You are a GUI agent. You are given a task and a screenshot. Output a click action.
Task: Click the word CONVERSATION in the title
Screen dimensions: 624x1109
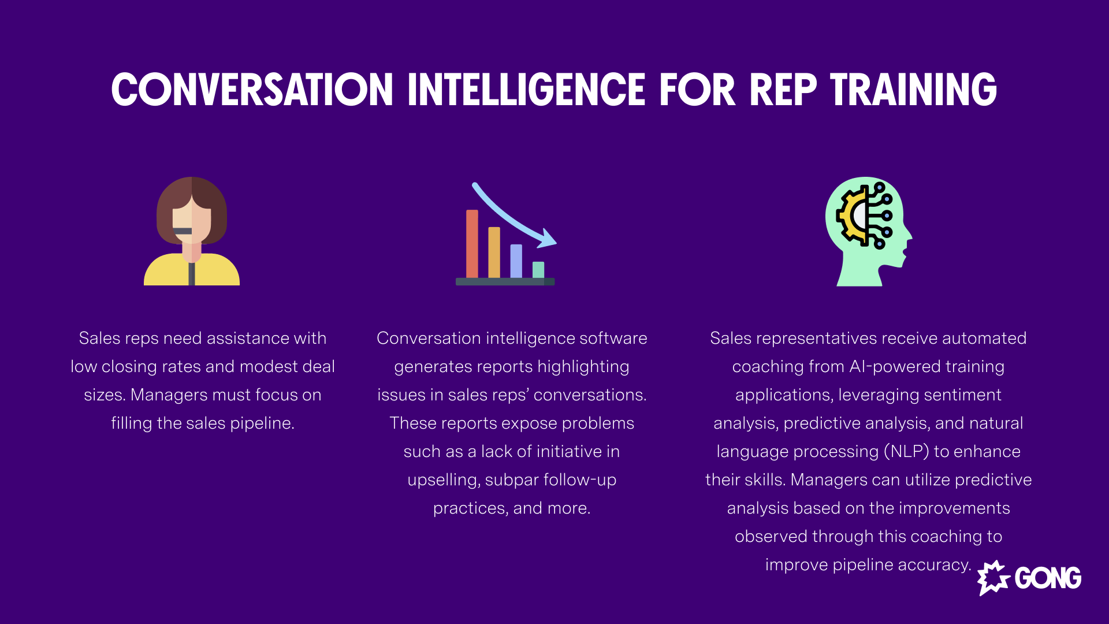tap(252, 90)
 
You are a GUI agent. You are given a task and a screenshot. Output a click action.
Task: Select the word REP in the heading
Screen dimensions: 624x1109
tap(783, 90)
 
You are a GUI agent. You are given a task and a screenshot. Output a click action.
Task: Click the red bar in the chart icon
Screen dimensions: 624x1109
tap(472, 244)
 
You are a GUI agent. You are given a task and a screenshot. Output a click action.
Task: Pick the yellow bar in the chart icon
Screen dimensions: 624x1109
tap(494, 252)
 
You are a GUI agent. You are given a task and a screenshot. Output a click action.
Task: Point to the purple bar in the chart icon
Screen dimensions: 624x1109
tap(516, 261)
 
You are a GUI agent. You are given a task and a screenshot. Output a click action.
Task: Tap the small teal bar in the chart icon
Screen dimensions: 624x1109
tap(538, 270)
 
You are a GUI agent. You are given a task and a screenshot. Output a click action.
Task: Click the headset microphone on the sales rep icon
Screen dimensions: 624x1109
tap(183, 231)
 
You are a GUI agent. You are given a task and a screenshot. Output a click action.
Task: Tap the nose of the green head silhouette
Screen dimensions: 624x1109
tap(909, 236)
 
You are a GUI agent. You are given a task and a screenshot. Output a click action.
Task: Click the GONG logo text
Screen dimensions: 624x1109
tap(1048, 578)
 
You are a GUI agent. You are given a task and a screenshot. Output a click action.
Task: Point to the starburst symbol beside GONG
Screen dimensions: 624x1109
tap(993, 577)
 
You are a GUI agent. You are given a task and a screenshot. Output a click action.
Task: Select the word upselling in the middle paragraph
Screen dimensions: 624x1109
tap(443, 480)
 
